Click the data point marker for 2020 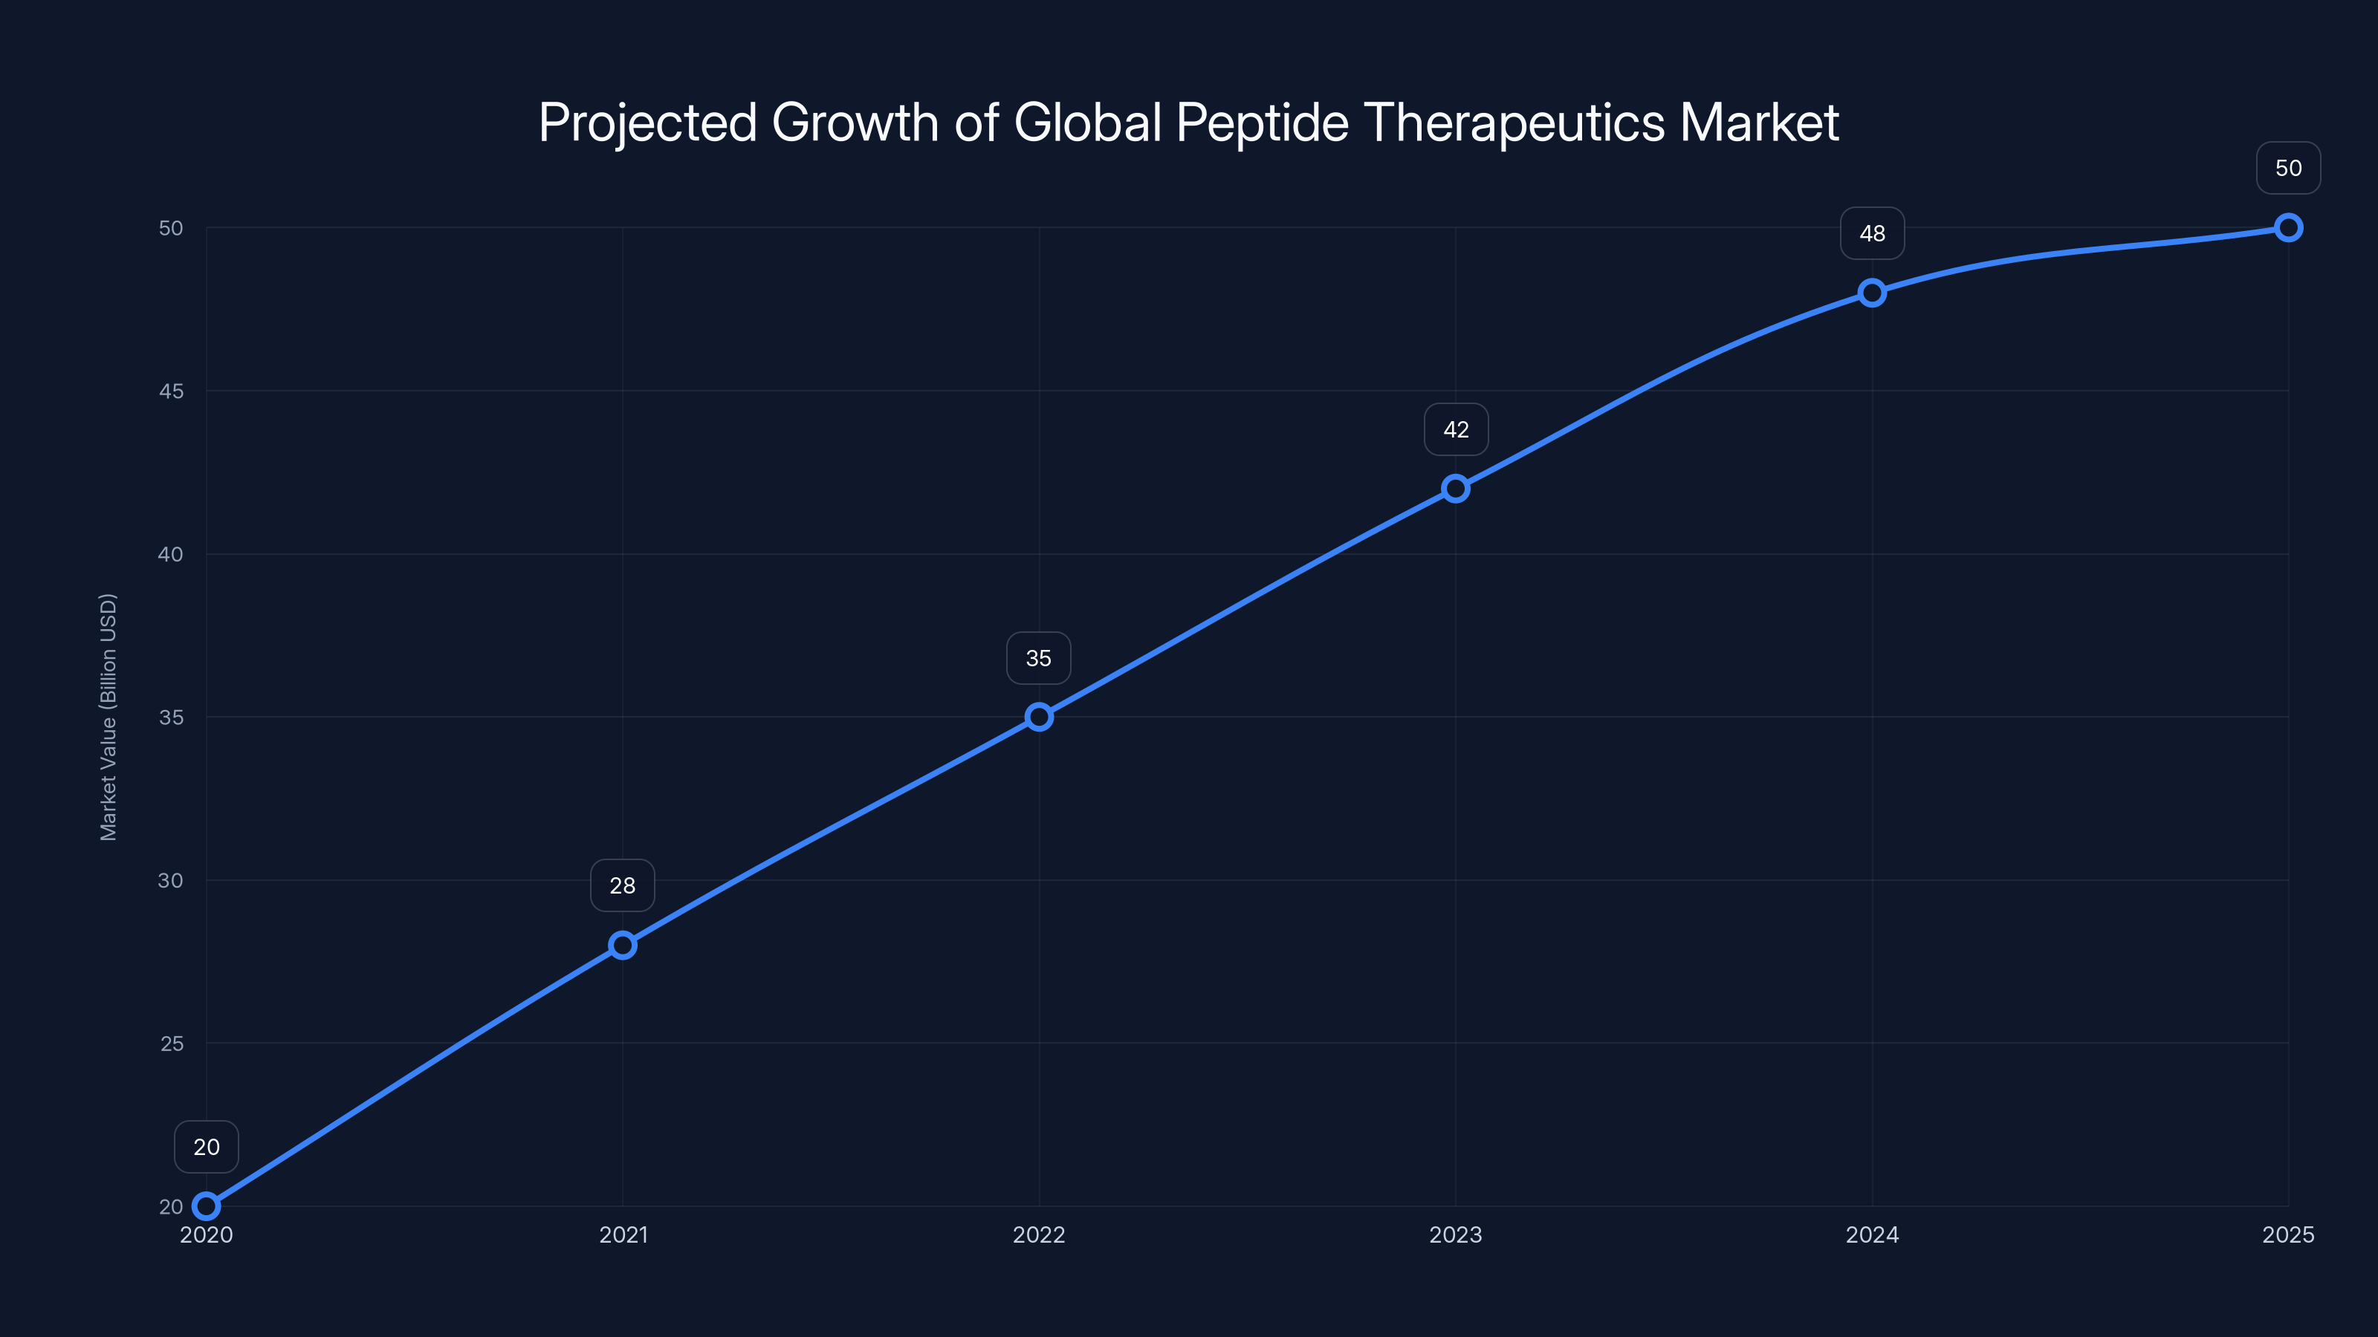pyautogui.click(x=206, y=1206)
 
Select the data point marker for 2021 pyautogui.click(x=622, y=945)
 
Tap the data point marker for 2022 pyautogui.click(x=1039, y=717)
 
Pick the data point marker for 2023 pyautogui.click(x=1456, y=488)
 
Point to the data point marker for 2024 pyautogui.click(x=1872, y=293)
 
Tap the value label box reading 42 pyautogui.click(x=1456, y=430)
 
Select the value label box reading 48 pyautogui.click(x=1872, y=233)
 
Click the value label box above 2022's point pyautogui.click(x=1039, y=658)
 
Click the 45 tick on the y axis pyautogui.click(x=171, y=391)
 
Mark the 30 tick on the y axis pyautogui.click(x=171, y=880)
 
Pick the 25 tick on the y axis pyautogui.click(x=172, y=1044)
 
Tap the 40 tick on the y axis pyautogui.click(x=171, y=555)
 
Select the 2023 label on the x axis pyautogui.click(x=1456, y=1234)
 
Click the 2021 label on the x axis pyautogui.click(x=623, y=1234)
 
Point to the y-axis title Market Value pyautogui.click(x=108, y=717)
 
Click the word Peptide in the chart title pyautogui.click(x=1262, y=123)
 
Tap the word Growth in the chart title pyautogui.click(x=855, y=123)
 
